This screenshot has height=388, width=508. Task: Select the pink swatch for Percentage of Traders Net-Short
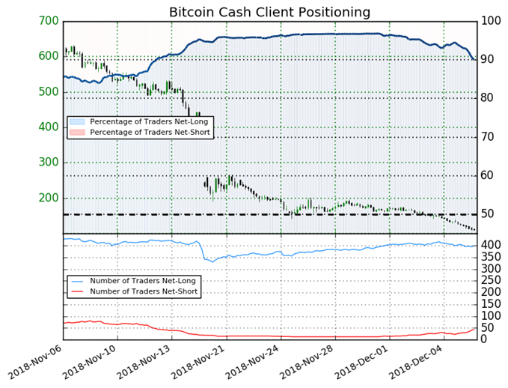point(77,132)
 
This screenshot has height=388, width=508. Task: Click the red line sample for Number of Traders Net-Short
point(77,291)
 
